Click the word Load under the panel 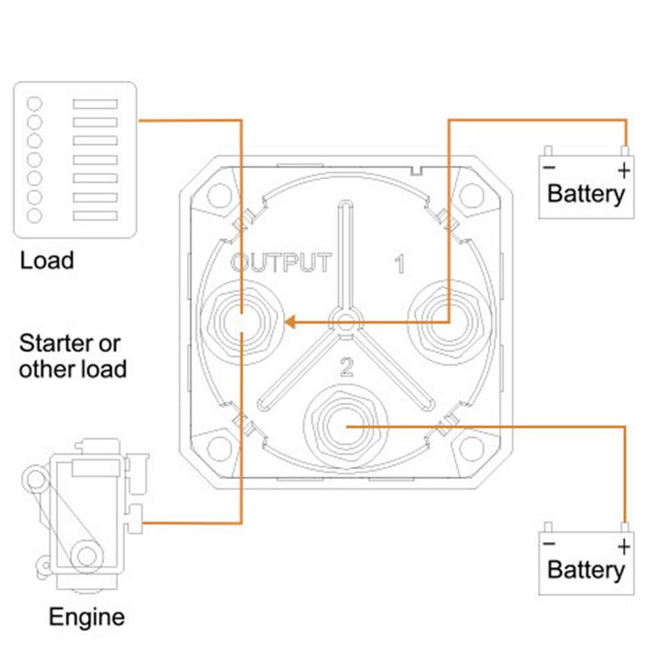click(47, 260)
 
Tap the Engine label click(87, 618)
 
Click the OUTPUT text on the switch click(281, 263)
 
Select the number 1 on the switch click(399, 264)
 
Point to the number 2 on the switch click(347, 368)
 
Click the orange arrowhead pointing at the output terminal click(290, 322)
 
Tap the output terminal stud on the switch click(241, 322)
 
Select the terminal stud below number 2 click(346, 427)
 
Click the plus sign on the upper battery click(624, 170)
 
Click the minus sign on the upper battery click(549, 168)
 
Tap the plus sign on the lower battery click(624, 547)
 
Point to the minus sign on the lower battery click(549, 544)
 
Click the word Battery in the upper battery click(586, 194)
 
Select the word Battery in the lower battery click(586, 571)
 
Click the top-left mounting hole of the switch click(219, 195)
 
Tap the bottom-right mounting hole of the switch click(471, 449)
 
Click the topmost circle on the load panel click(35, 104)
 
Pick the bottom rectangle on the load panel click(95, 215)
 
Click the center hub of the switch click(346, 322)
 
